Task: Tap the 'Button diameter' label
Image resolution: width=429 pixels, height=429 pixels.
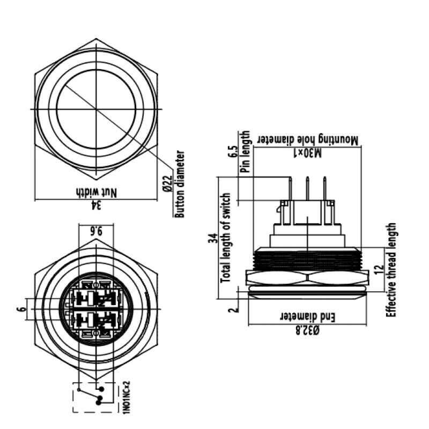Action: tap(180, 183)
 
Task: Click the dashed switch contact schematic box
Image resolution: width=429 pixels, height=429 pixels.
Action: tap(93, 397)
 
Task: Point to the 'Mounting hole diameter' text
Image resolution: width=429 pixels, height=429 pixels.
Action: tap(308, 139)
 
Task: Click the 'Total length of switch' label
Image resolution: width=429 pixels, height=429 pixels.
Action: tap(226, 238)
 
